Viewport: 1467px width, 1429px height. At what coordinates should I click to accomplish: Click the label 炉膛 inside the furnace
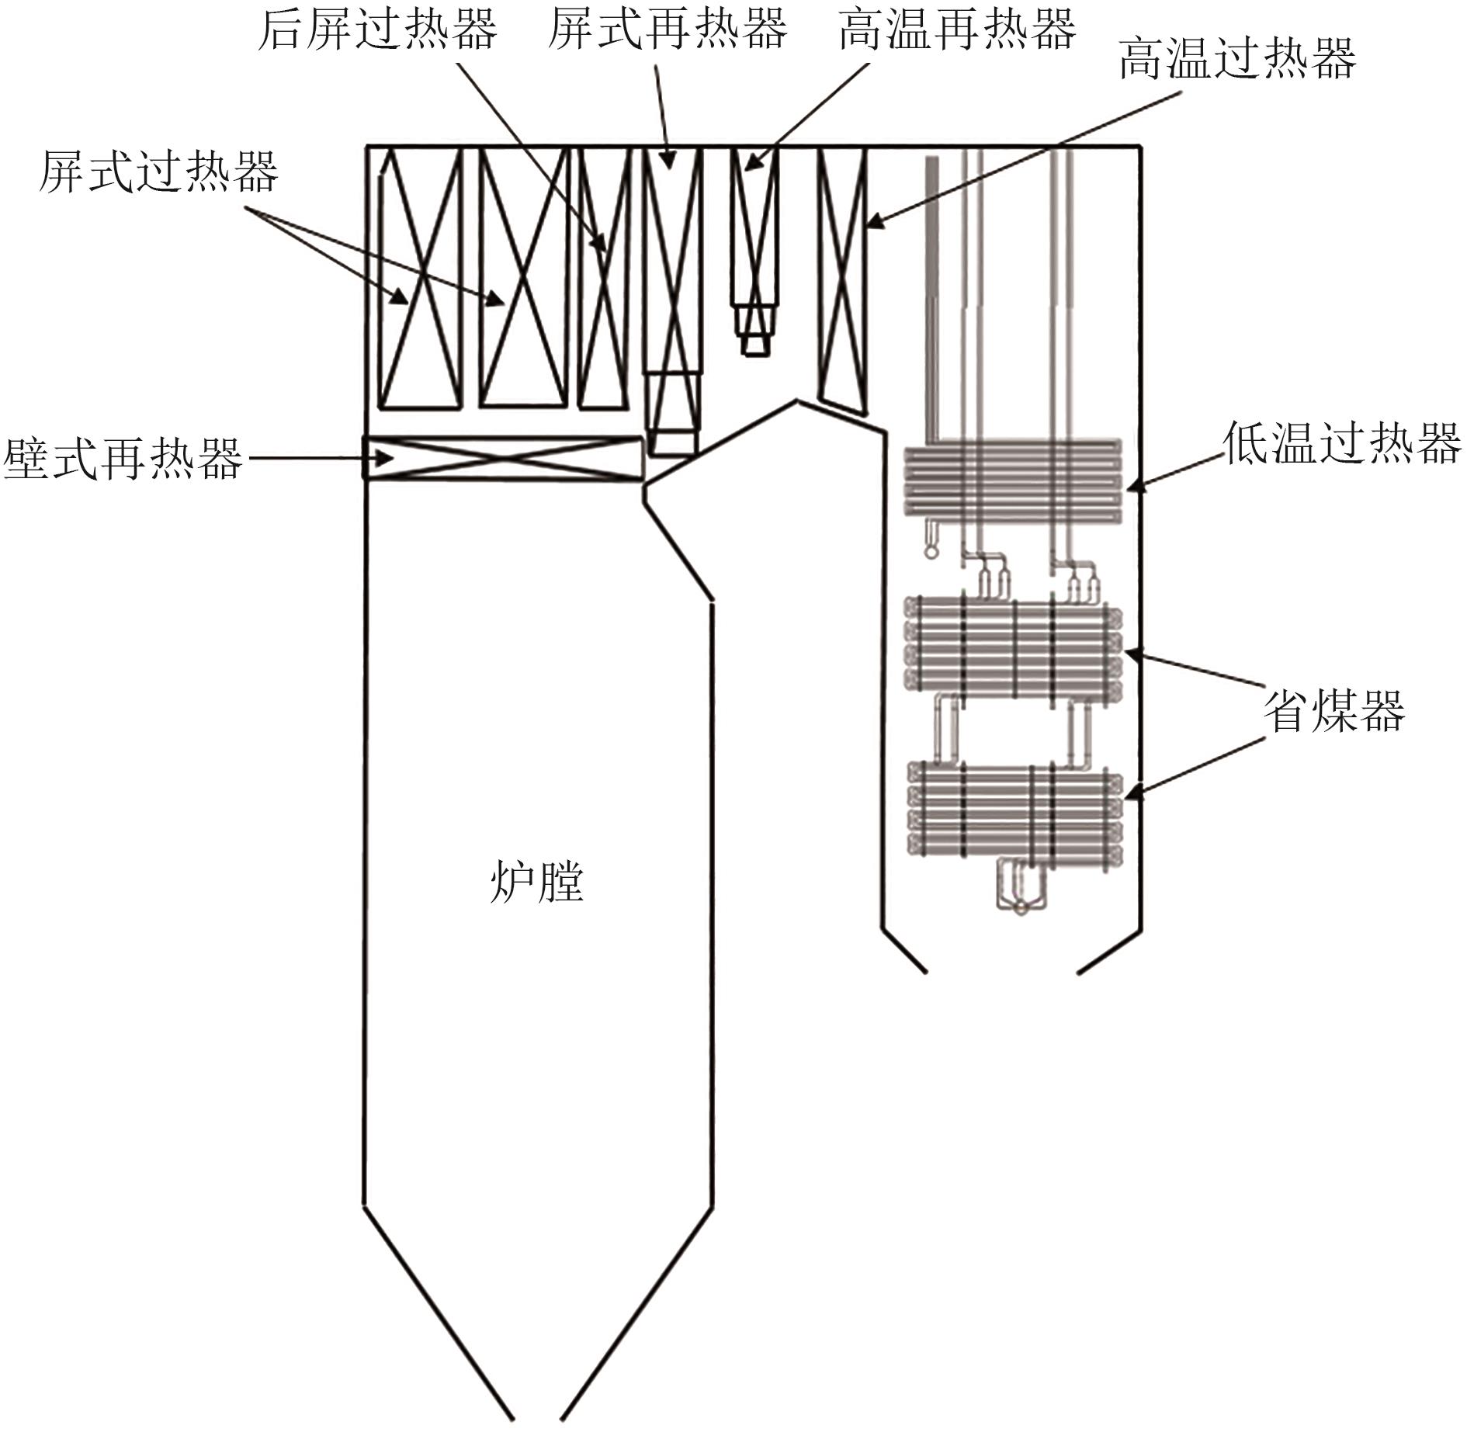pyautogui.click(x=536, y=883)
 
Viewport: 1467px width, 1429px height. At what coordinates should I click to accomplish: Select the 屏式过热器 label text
pyautogui.click(x=158, y=172)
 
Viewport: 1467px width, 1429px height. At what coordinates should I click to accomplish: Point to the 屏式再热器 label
pyautogui.click(x=668, y=29)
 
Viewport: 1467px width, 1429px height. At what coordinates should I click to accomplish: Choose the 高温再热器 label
pyautogui.click(x=957, y=29)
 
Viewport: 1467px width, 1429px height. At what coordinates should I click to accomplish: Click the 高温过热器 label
pyautogui.click(x=1237, y=59)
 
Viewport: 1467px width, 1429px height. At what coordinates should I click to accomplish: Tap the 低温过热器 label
pyautogui.click(x=1342, y=443)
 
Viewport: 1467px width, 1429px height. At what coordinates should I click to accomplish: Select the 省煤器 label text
pyautogui.click(x=1334, y=711)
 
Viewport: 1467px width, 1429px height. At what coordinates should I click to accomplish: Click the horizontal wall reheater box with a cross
pyautogui.click(x=504, y=459)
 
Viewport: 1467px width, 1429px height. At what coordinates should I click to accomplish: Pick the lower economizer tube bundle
pyautogui.click(x=1015, y=811)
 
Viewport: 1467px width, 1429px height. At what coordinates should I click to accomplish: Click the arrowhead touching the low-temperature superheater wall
pyautogui.click(x=1135, y=486)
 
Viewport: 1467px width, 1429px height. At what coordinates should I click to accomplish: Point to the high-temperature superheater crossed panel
pyautogui.click(x=843, y=279)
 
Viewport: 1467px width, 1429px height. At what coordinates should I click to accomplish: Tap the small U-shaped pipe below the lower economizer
pyautogui.click(x=1021, y=885)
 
